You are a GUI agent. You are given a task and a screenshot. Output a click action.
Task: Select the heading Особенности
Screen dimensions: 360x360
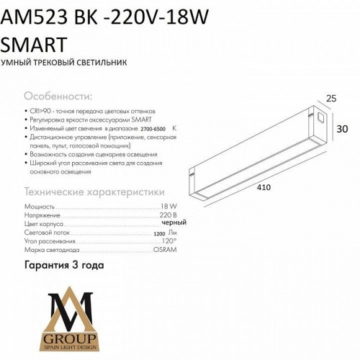[58, 96]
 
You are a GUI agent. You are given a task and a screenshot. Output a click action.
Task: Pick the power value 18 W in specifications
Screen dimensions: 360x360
[168, 206]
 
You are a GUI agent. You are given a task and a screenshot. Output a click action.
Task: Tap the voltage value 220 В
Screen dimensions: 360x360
[168, 215]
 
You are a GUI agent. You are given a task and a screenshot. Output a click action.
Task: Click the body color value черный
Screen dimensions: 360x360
[164, 223]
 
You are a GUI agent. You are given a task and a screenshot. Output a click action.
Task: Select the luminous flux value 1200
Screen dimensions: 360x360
[158, 233]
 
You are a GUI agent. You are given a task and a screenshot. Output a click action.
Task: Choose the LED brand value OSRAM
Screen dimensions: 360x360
[164, 249]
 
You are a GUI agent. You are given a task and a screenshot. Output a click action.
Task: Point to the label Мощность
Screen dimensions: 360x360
[38, 206]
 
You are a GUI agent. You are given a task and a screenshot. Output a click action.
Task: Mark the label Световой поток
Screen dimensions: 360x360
[45, 232]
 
